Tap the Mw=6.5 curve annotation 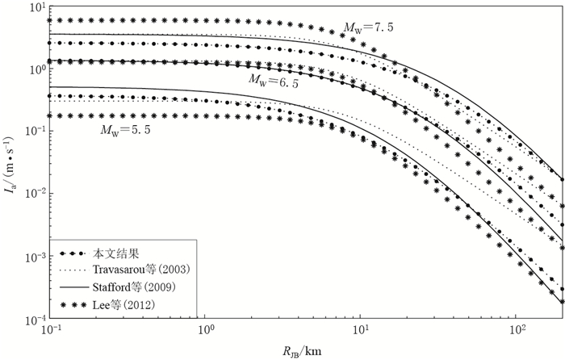(x=274, y=82)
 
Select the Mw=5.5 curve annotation (x=124, y=128)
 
